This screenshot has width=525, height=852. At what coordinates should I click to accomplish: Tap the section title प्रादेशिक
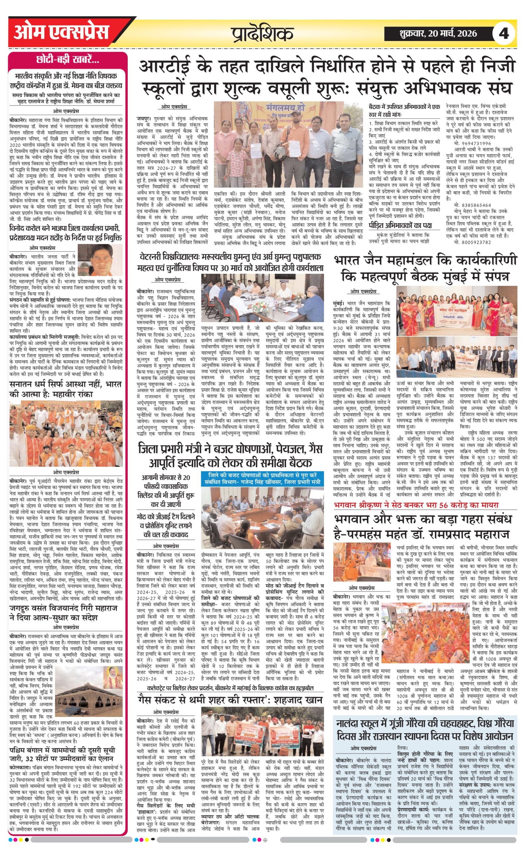click(x=262, y=34)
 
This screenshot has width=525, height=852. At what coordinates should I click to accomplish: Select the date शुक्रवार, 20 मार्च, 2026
click(x=438, y=34)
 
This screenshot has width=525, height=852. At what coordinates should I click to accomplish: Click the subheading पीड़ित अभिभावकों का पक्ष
click(x=400, y=225)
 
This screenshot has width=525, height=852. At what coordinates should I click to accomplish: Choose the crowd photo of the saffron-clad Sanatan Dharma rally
click(x=66, y=433)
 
